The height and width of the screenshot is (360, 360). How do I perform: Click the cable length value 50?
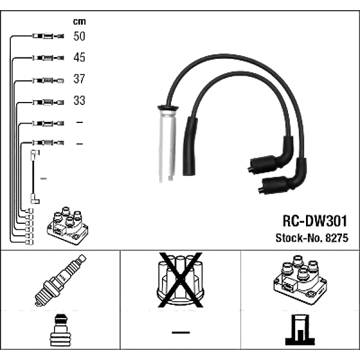pyautogui.click(x=79, y=37)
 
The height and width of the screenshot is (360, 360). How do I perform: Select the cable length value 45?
pyautogui.click(x=79, y=58)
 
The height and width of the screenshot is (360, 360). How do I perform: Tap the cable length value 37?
pyautogui.click(x=79, y=79)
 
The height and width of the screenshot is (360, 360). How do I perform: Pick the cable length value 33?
pyautogui.click(x=79, y=101)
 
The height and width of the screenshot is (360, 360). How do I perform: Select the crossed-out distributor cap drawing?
pyautogui.click(x=179, y=281)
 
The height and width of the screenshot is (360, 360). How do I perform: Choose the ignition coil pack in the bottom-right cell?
pyautogui.click(x=299, y=278)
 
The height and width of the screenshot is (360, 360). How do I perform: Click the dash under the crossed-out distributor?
pyautogui.click(x=180, y=332)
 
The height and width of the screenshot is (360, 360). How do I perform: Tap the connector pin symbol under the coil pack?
pyautogui.click(x=298, y=331)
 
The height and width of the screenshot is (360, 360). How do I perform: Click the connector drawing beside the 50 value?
pyautogui.click(x=47, y=37)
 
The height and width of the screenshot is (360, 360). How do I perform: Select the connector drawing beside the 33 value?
pyautogui.click(x=47, y=101)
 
